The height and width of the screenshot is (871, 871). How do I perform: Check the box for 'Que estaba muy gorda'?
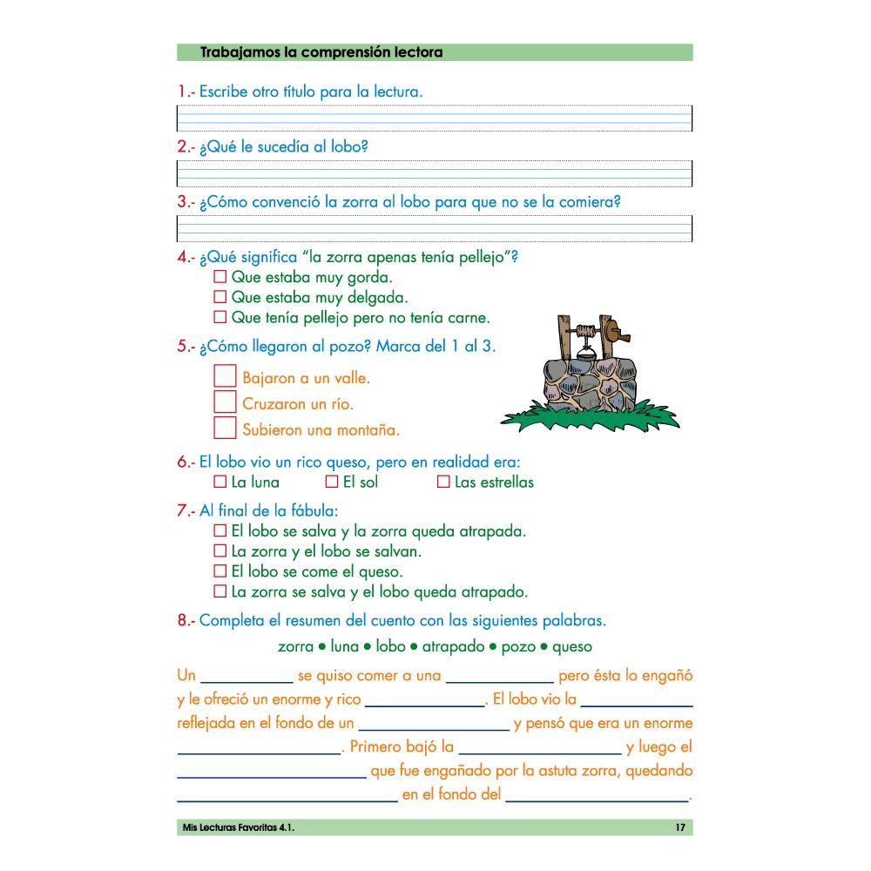(x=219, y=277)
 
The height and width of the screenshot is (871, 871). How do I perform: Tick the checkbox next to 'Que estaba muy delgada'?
(x=219, y=297)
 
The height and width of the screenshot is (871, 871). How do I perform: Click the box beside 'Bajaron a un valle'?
(x=225, y=376)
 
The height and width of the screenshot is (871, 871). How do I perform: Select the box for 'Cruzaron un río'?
(x=225, y=402)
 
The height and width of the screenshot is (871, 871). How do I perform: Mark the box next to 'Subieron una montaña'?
(x=225, y=428)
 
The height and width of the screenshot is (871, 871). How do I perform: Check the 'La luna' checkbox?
(x=219, y=482)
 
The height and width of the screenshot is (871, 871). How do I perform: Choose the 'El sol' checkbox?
(x=331, y=482)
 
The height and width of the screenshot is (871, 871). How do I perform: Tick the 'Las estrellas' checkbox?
(x=442, y=482)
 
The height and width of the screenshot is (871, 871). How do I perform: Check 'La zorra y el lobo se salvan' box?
(x=219, y=550)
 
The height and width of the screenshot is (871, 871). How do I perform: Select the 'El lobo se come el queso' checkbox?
(x=219, y=571)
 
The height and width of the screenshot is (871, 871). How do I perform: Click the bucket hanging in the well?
(x=584, y=351)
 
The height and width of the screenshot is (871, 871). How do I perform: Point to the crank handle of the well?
(x=619, y=331)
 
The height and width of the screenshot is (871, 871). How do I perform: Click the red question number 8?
(x=182, y=621)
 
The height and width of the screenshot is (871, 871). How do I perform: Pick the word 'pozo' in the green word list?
(x=518, y=647)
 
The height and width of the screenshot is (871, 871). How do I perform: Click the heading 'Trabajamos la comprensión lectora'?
(x=321, y=52)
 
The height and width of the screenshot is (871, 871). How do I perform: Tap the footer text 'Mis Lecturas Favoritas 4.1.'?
(x=235, y=827)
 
